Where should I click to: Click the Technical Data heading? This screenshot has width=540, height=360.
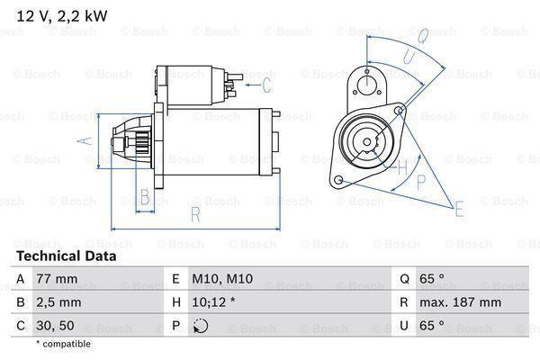click(x=66, y=256)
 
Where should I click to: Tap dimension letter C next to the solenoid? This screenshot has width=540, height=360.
click(x=266, y=85)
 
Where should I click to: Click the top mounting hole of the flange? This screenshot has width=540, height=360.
click(x=367, y=85)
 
